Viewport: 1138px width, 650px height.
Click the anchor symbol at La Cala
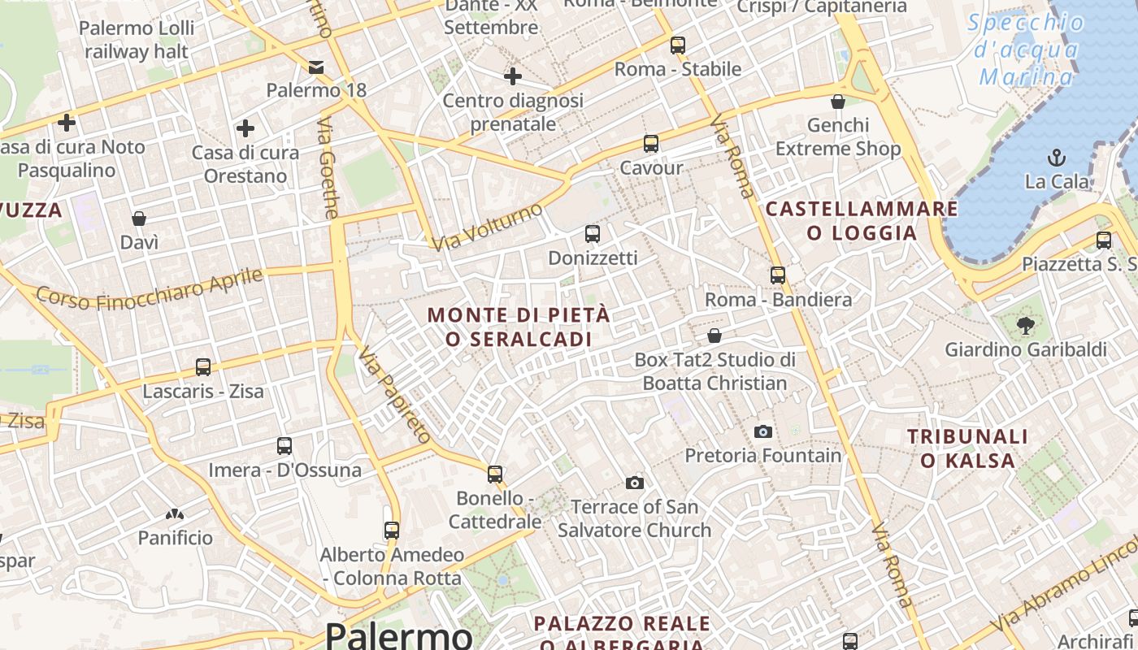(x=1057, y=157)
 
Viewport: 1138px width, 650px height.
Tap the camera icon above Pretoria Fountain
(x=762, y=431)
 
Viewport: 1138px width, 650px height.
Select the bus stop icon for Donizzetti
(x=593, y=234)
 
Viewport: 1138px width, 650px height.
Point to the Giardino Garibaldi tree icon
(x=1025, y=326)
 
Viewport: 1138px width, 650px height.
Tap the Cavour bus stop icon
(x=651, y=144)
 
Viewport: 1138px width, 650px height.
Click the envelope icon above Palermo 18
(x=316, y=67)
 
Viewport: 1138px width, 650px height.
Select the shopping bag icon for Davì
(x=139, y=219)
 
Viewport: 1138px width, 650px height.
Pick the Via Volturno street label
(x=487, y=227)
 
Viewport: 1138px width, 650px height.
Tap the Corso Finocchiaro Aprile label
(x=150, y=289)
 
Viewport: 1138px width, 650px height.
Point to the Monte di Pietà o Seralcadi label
(x=519, y=327)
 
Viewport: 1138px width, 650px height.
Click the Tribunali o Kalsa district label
(x=967, y=448)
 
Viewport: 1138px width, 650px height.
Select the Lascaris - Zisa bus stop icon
(x=203, y=367)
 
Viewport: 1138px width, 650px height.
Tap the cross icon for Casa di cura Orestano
(x=245, y=128)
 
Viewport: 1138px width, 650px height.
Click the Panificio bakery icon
(x=174, y=514)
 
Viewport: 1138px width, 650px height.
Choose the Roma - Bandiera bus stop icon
(x=778, y=275)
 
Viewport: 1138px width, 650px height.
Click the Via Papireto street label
(x=394, y=394)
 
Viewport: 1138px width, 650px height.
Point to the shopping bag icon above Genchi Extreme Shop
(x=838, y=102)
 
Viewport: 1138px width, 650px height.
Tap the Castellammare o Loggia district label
(x=862, y=221)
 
